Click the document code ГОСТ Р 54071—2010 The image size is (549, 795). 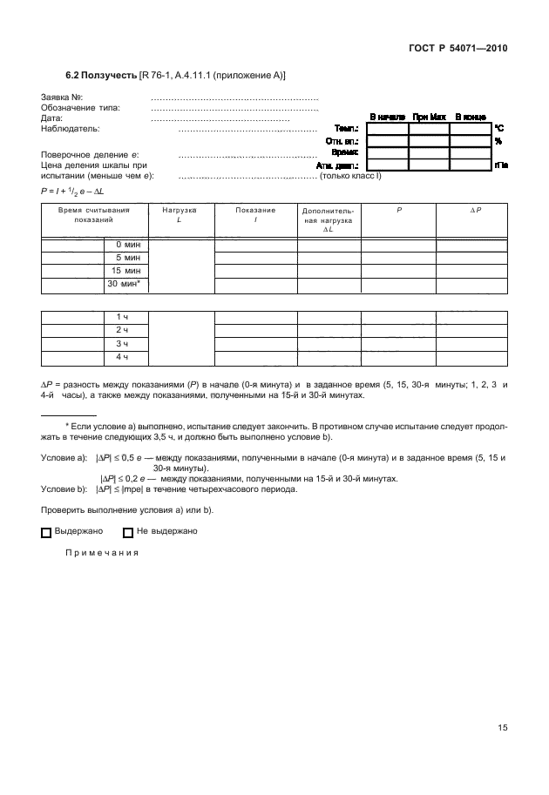[457, 49]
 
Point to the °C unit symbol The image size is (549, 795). [499, 128]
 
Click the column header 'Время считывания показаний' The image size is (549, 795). [94, 216]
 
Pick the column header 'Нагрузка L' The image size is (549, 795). [180, 216]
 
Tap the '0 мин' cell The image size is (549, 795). [126, 246]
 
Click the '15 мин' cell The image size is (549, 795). [126, 271]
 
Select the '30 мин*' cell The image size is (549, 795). [126, 284]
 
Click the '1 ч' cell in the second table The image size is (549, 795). [126, 318]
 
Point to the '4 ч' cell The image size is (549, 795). [126, 357]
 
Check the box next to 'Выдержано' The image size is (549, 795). [47, 531]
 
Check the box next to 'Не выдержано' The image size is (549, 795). [128, 531]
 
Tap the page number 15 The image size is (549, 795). [501, 728]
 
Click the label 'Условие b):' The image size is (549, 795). [64, 488]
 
